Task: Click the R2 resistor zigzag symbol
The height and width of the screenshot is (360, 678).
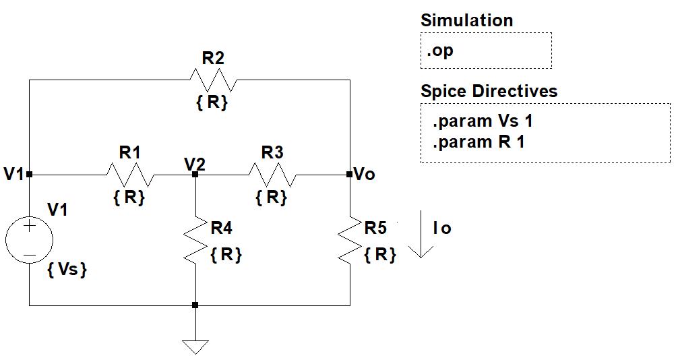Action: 213,80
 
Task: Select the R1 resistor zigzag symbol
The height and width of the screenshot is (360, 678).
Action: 130,175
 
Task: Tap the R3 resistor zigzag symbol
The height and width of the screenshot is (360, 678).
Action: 272,175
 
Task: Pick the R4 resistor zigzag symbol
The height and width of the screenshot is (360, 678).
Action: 195,239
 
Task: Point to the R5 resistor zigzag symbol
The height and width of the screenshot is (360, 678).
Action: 350,239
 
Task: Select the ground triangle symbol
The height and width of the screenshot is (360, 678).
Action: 195,347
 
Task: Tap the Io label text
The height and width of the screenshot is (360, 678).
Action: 442,229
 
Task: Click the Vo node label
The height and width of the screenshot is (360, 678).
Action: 365,175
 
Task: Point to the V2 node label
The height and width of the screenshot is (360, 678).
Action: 195,162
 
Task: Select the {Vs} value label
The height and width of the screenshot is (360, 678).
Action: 67,270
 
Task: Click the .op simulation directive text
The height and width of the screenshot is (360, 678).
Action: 440,51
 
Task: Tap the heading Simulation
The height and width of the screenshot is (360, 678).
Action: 466,20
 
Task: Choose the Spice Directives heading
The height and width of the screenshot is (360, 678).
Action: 489,91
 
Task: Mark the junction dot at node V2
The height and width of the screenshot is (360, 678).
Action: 195,175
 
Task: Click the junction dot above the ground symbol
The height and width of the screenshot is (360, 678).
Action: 195,305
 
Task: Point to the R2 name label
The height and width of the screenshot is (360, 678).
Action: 213,57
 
